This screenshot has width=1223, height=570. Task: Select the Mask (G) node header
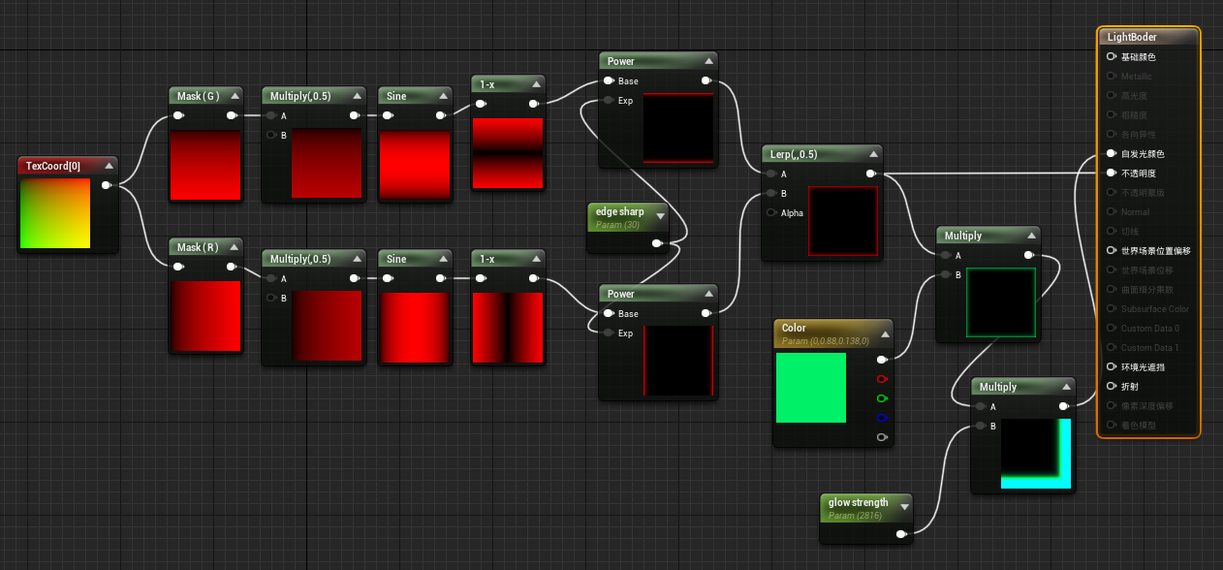point(198,96)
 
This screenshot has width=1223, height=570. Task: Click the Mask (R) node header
point(198,247)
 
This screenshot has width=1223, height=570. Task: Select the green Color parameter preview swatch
point(811,387)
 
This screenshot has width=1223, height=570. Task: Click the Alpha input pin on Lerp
point(771,212)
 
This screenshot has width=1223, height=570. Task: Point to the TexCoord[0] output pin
point(106,185)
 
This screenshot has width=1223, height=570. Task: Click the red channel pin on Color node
point(881,379)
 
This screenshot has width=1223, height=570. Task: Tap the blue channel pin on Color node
point(881,418)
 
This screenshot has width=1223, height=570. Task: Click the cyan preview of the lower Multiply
point(1035,453)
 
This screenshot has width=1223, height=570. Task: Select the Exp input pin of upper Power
point(609,100)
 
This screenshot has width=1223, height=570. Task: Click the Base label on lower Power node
point(628,313)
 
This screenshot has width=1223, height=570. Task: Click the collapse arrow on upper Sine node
point(443,96)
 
